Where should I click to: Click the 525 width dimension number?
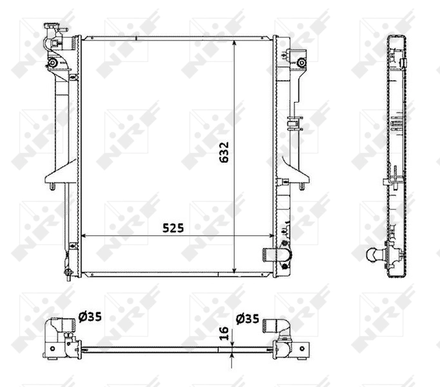[173, 228]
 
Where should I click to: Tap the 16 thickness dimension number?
[224, 333]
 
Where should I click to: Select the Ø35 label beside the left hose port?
[90, 317]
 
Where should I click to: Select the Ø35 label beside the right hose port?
[248, 317]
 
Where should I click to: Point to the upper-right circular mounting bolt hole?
[301, 63]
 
